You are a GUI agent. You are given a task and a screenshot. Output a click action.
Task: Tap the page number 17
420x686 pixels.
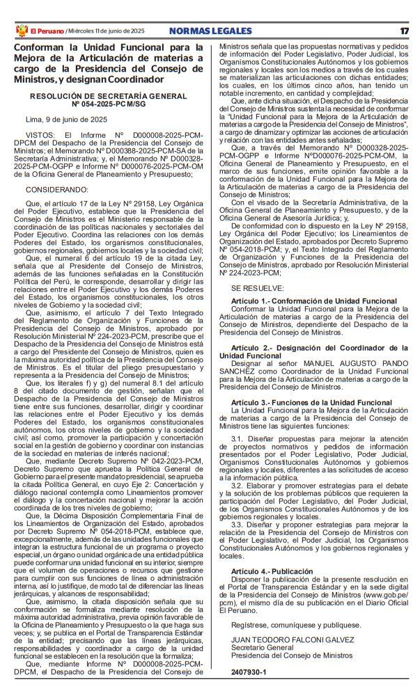(x=405, y=31)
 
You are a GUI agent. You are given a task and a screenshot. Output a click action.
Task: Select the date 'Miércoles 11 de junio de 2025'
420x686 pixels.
(x=105, y=31)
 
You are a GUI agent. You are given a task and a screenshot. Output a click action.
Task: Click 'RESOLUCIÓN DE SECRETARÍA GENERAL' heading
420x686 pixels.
(x=108, y=95)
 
